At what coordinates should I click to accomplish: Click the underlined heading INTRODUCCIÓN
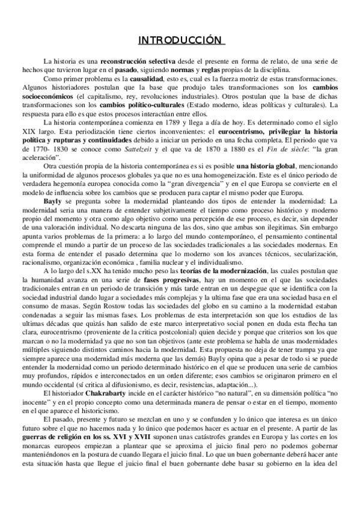tap(180, 40)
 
